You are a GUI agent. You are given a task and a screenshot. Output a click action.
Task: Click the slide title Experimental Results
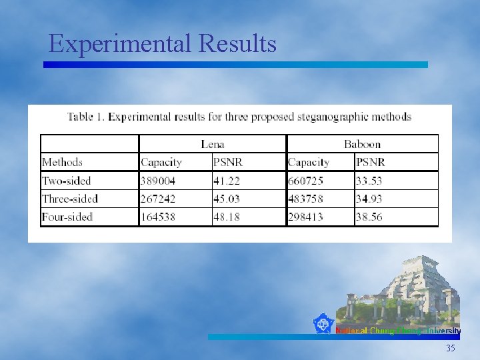click(163, 44)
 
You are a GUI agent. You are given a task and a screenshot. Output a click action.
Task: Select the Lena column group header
click(213, 144)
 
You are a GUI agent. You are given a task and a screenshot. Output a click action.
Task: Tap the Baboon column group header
click(362, 144)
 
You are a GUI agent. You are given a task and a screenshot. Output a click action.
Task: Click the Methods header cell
click(62, 162)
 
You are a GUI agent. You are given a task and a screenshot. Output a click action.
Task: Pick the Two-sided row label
click(66, 181)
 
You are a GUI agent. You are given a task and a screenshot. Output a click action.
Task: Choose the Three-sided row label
click(69, 199)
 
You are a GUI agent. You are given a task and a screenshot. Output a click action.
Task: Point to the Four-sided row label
click(67, 217)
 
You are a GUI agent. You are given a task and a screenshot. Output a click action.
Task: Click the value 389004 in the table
click(158, 181)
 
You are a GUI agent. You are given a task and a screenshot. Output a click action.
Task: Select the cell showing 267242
click(158, 199)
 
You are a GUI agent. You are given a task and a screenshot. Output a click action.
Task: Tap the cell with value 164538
click(158, 217)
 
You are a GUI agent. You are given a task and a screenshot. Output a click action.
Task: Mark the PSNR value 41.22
click(227, 181)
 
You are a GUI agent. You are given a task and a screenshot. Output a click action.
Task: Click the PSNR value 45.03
click(227, 199)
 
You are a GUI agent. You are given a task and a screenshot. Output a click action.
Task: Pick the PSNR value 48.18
click(227, 217)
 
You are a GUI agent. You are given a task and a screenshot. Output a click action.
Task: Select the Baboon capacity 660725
click(306, 181)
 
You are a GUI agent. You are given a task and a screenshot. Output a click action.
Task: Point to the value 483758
click(306, 199)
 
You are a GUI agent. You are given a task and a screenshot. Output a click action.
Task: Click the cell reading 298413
click(306, 217)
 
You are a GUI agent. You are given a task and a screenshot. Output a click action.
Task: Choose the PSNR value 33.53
click(369, 181)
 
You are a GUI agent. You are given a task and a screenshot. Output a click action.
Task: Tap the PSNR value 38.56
click(369, 217)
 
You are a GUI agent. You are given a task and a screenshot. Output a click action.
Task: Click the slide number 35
click(451, 349)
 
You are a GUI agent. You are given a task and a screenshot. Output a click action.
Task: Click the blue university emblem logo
click(324, 325)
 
